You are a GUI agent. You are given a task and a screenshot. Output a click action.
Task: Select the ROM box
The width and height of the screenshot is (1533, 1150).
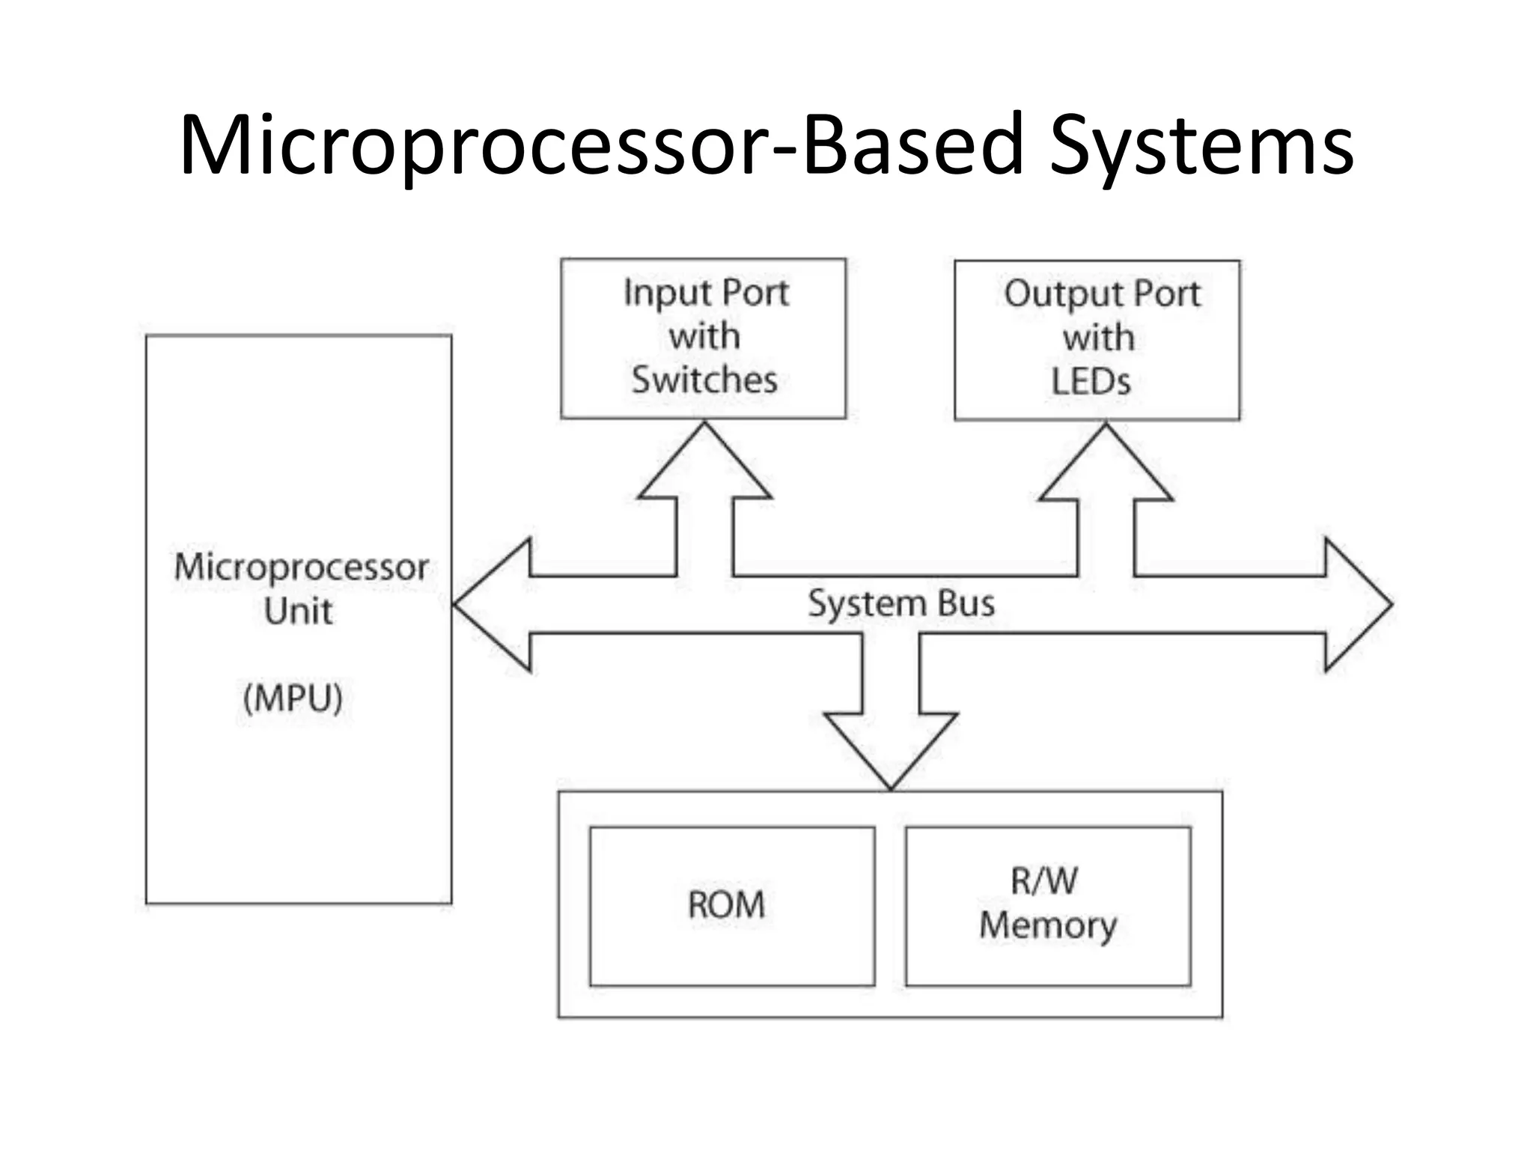tap(731, 907)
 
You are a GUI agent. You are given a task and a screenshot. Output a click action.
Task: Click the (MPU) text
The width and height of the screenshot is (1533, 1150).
tap(293, 699)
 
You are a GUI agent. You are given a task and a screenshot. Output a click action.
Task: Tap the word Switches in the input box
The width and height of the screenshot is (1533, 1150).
tap(704, 380)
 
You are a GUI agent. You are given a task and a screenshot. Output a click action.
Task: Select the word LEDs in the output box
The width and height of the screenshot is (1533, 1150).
tap(1091, 382)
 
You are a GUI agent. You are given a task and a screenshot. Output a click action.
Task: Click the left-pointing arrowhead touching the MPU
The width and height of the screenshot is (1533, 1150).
tap(490, 605)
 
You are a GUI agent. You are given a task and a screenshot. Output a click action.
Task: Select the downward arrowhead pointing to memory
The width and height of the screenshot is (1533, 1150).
tap(891, 749)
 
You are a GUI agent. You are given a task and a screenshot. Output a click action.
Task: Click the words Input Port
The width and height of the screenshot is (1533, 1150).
tap(706, 292)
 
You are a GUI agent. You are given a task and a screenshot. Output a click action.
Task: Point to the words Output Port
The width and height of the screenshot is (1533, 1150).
tap(1101, 293)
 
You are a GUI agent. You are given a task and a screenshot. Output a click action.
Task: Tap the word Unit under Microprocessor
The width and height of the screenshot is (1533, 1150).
tap(298, 611)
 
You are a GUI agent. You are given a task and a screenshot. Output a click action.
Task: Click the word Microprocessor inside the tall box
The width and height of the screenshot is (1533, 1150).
tap(301, 567)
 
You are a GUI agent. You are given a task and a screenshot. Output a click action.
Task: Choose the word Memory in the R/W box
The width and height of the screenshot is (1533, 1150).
tap(1048, 925)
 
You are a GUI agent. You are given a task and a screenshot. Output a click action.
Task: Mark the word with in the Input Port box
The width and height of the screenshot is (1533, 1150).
tap(704, 336)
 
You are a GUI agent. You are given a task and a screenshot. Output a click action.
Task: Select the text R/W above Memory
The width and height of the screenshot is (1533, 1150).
tap(1044, 881)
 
